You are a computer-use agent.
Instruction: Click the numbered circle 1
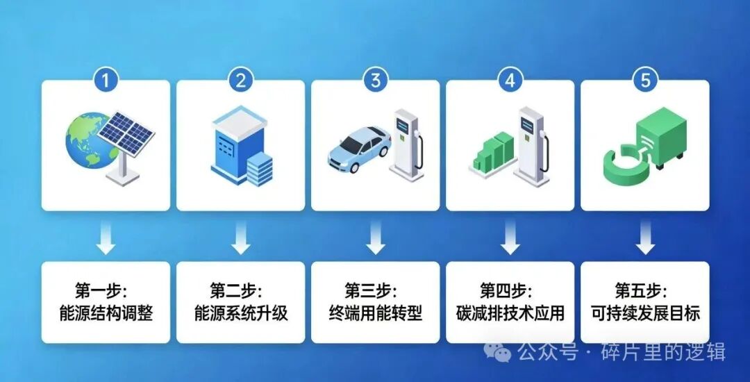coord(106,80)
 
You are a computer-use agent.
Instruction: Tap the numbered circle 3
coord(375,80)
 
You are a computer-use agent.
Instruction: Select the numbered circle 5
coord(645,80)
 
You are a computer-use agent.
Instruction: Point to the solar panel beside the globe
coord(128,138)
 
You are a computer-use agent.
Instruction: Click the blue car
coord(358,149)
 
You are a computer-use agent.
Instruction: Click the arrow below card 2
coord(240,238)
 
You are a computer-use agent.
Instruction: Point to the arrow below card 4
coord(510,238)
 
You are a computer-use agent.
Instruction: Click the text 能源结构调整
coord(106,313)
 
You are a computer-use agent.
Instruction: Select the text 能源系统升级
coord(240,313)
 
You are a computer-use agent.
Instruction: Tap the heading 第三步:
coord(375,289)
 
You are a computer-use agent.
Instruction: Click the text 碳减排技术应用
coord(510,313)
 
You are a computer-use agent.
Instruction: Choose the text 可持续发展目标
coord(645,313)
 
